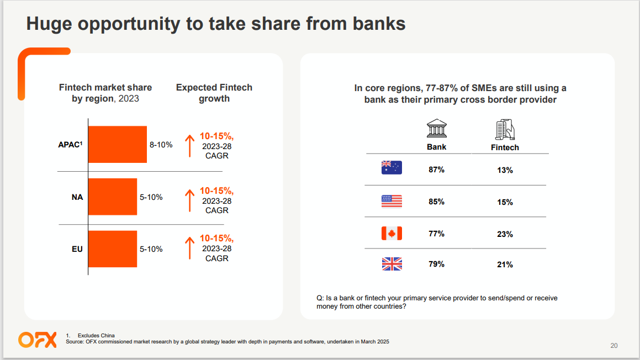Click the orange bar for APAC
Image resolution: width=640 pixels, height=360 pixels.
[118, 145]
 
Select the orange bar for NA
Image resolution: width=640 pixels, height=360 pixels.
[113, 197]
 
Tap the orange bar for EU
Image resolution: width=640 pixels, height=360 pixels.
[113, 249]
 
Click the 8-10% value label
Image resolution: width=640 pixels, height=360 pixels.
[161, 145]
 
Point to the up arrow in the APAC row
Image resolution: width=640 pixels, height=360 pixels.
[189, 146]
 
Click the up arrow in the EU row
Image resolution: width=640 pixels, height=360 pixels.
[189, 248]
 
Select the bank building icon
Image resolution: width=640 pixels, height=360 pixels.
[437, 128]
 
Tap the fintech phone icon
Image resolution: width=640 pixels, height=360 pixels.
[505, 129]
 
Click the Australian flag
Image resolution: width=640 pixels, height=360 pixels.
[392, 168]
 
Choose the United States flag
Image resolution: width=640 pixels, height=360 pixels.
[392, 201]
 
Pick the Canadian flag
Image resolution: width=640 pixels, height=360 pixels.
[392, 234]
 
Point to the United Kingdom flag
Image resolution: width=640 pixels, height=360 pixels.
[392, 264]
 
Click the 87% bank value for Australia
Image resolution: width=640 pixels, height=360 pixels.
[436, 170]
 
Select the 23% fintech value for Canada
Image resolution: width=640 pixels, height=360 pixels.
[505, 234]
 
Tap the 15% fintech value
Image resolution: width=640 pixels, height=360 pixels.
[505, 202]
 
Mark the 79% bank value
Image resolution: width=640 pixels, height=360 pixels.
[436, 264]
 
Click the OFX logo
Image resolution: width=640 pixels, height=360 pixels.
[38, 340]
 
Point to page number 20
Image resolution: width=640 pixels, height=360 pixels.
[614, 346]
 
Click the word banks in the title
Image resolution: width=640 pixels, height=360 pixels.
[379, 23]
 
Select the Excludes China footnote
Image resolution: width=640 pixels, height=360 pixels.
[96, 336]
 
